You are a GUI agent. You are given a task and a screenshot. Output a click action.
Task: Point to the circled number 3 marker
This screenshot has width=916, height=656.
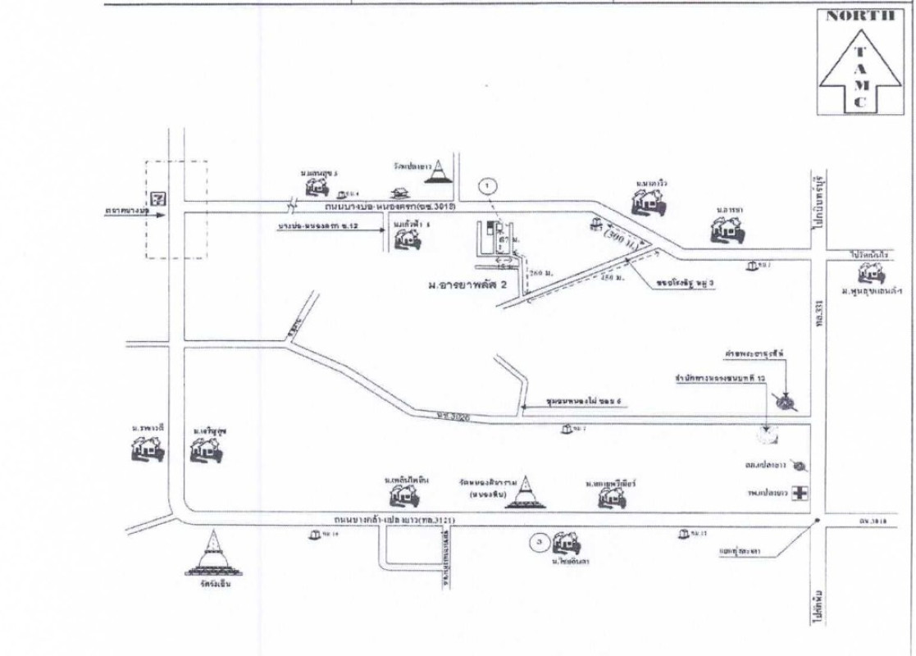click(x=538, y=540)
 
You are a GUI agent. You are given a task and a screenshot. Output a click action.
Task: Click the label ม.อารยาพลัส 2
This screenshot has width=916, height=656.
click(x=467, y=285)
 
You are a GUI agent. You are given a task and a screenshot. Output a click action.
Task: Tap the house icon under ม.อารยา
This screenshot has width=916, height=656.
click(x=727, y=231)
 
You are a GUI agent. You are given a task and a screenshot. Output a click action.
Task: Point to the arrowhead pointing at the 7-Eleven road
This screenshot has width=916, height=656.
click(x=162, y=215)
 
